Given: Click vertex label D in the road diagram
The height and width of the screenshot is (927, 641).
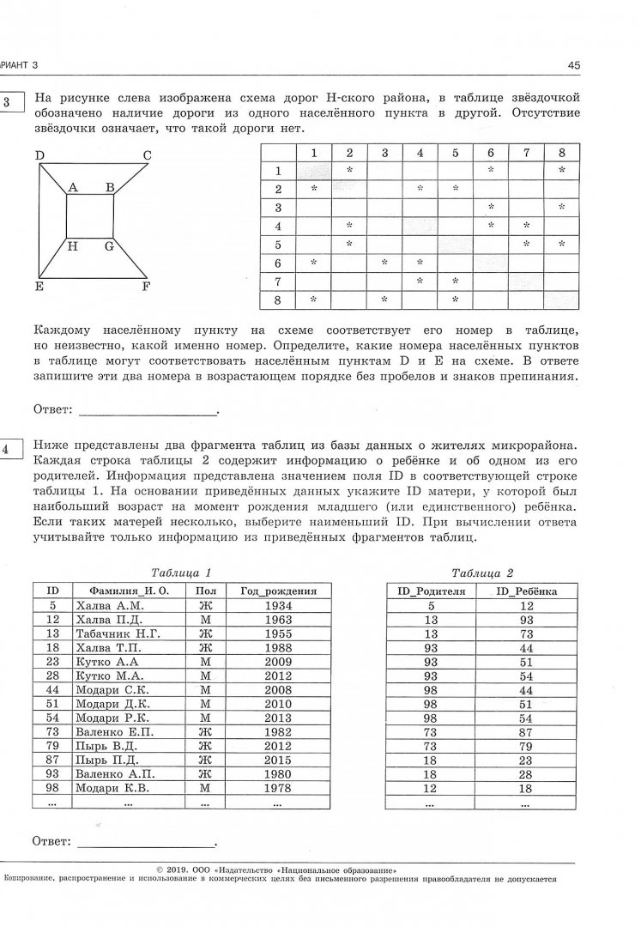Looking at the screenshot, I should (x=39, y=155).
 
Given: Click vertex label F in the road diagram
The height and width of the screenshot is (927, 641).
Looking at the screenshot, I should (x=147, y=288).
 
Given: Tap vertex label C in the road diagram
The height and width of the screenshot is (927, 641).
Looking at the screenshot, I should (x=147, y=155).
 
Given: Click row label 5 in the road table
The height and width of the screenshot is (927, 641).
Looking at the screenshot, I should (x=278, y=244).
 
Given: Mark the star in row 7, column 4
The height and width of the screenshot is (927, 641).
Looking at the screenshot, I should (x=420, y=281).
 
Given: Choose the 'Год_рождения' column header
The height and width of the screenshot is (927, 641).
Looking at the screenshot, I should (x=278, y=591).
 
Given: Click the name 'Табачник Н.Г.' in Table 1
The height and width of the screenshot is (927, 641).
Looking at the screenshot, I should (x=117, y=633).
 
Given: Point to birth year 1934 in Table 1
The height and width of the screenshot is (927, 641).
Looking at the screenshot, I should (x=278, y=605).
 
